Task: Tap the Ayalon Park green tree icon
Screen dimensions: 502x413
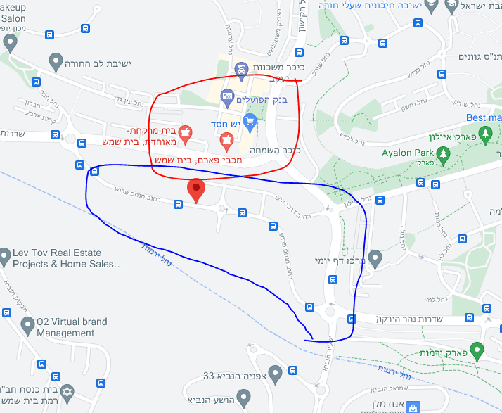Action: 443,153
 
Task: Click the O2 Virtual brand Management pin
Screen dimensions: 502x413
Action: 27,326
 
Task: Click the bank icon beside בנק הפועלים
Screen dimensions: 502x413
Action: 227,95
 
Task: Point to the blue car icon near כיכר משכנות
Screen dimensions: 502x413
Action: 241,68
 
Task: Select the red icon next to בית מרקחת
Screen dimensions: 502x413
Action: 186,131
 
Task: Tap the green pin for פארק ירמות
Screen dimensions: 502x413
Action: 477,349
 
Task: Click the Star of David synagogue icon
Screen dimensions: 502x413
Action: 68,390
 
